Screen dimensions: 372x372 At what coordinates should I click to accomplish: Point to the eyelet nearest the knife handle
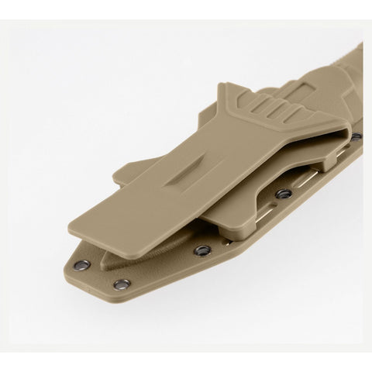click(x=356, y=136)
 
